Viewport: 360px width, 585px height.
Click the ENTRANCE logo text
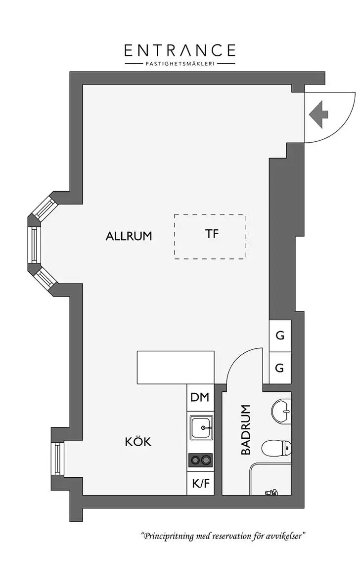pyautogui.click(x=180, y=50)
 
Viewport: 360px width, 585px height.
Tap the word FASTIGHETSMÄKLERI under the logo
pyautogui.click(x=180, y=64)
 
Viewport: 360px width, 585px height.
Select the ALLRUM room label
pyautogui.click(x=129, y=236)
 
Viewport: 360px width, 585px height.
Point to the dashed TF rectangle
pyautogui.click(x=210, y=237)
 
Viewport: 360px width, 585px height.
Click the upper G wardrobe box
pyautogui.click(x=280, y=336)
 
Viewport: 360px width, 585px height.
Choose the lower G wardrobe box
pyautogui.click(x=280, y=368)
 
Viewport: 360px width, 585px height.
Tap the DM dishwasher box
pyautogui.click(x=200, y=397)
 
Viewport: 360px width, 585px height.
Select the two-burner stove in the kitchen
pyautogui.click(x=200, y=460)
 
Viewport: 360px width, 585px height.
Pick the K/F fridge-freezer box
pyautogui.click(x=200, y=483)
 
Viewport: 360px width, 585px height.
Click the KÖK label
pyautogui.click(x=138, y=442)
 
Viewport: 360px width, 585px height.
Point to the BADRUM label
pyautogui.click(x=246, y=429)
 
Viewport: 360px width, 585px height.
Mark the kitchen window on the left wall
pyautogui.click(x=57, y=459)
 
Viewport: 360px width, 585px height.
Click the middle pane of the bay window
pyautogui.click(x=34, y=245)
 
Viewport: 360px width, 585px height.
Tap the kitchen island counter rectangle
pyautogui.click(x=176, y=367)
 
